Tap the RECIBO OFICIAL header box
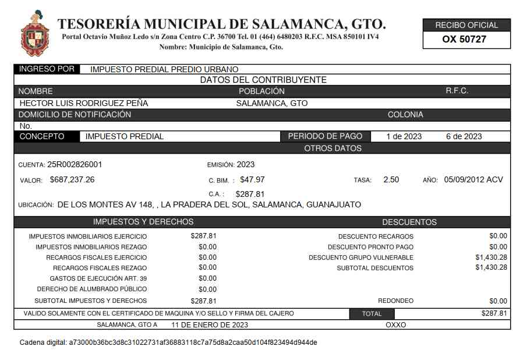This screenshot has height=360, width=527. point(466,25)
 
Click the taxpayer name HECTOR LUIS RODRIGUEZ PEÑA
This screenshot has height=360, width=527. point(84,103)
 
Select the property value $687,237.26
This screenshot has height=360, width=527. point(72,179)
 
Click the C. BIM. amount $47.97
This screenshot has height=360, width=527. point(252,179)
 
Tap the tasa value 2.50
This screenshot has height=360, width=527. point(391,179)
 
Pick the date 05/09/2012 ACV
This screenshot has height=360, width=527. point(473,179)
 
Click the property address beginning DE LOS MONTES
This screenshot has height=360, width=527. point(209,204)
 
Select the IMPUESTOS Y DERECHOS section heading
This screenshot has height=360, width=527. point(143,222)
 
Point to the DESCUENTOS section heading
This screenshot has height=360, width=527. point(409,222)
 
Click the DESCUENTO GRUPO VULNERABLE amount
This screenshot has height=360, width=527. point(491,257)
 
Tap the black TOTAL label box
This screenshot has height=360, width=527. point(372,313)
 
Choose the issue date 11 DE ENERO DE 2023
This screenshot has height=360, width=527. point(210,324)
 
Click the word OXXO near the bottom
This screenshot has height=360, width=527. point(396,324)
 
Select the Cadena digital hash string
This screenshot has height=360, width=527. point(193,342)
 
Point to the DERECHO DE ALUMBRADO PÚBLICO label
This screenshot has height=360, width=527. point(92,289)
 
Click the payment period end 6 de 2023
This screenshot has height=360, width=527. point(464,136)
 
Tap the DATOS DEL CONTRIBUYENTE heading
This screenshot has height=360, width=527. point(263,80)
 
